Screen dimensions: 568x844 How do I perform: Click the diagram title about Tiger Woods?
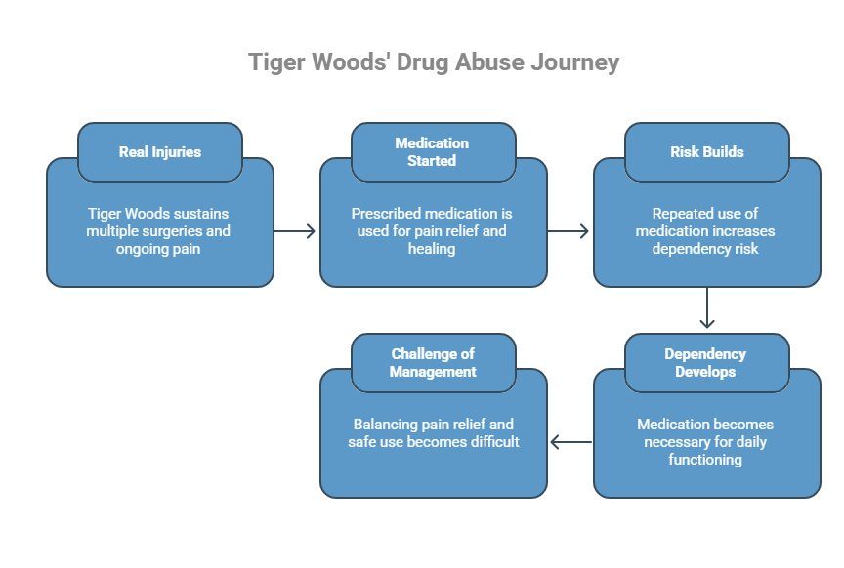[434, 62]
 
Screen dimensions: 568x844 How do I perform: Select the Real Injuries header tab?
[160, 152]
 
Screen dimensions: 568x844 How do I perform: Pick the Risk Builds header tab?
[706, 152]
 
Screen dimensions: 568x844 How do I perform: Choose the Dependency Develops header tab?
[705, 363]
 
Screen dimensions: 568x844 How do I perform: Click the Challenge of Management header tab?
[433, 363]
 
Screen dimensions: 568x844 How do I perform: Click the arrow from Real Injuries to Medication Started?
[296, 231]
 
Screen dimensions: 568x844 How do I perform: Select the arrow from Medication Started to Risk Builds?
[570, 231]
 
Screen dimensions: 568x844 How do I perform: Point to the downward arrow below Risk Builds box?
[707, 311]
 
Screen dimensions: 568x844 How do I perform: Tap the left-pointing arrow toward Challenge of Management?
[570, 442]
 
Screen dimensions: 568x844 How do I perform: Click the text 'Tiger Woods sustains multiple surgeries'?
[159, 222]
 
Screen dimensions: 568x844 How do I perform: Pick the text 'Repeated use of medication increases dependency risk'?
[706, 230]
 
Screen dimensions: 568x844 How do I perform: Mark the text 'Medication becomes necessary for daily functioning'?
[705, 442]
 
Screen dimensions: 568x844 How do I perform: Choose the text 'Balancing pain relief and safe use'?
[433, 433]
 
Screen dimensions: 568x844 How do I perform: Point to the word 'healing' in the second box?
[433, 249]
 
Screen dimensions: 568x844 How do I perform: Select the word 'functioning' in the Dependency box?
[705, 460]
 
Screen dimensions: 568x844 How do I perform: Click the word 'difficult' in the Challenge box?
[488, 442]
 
